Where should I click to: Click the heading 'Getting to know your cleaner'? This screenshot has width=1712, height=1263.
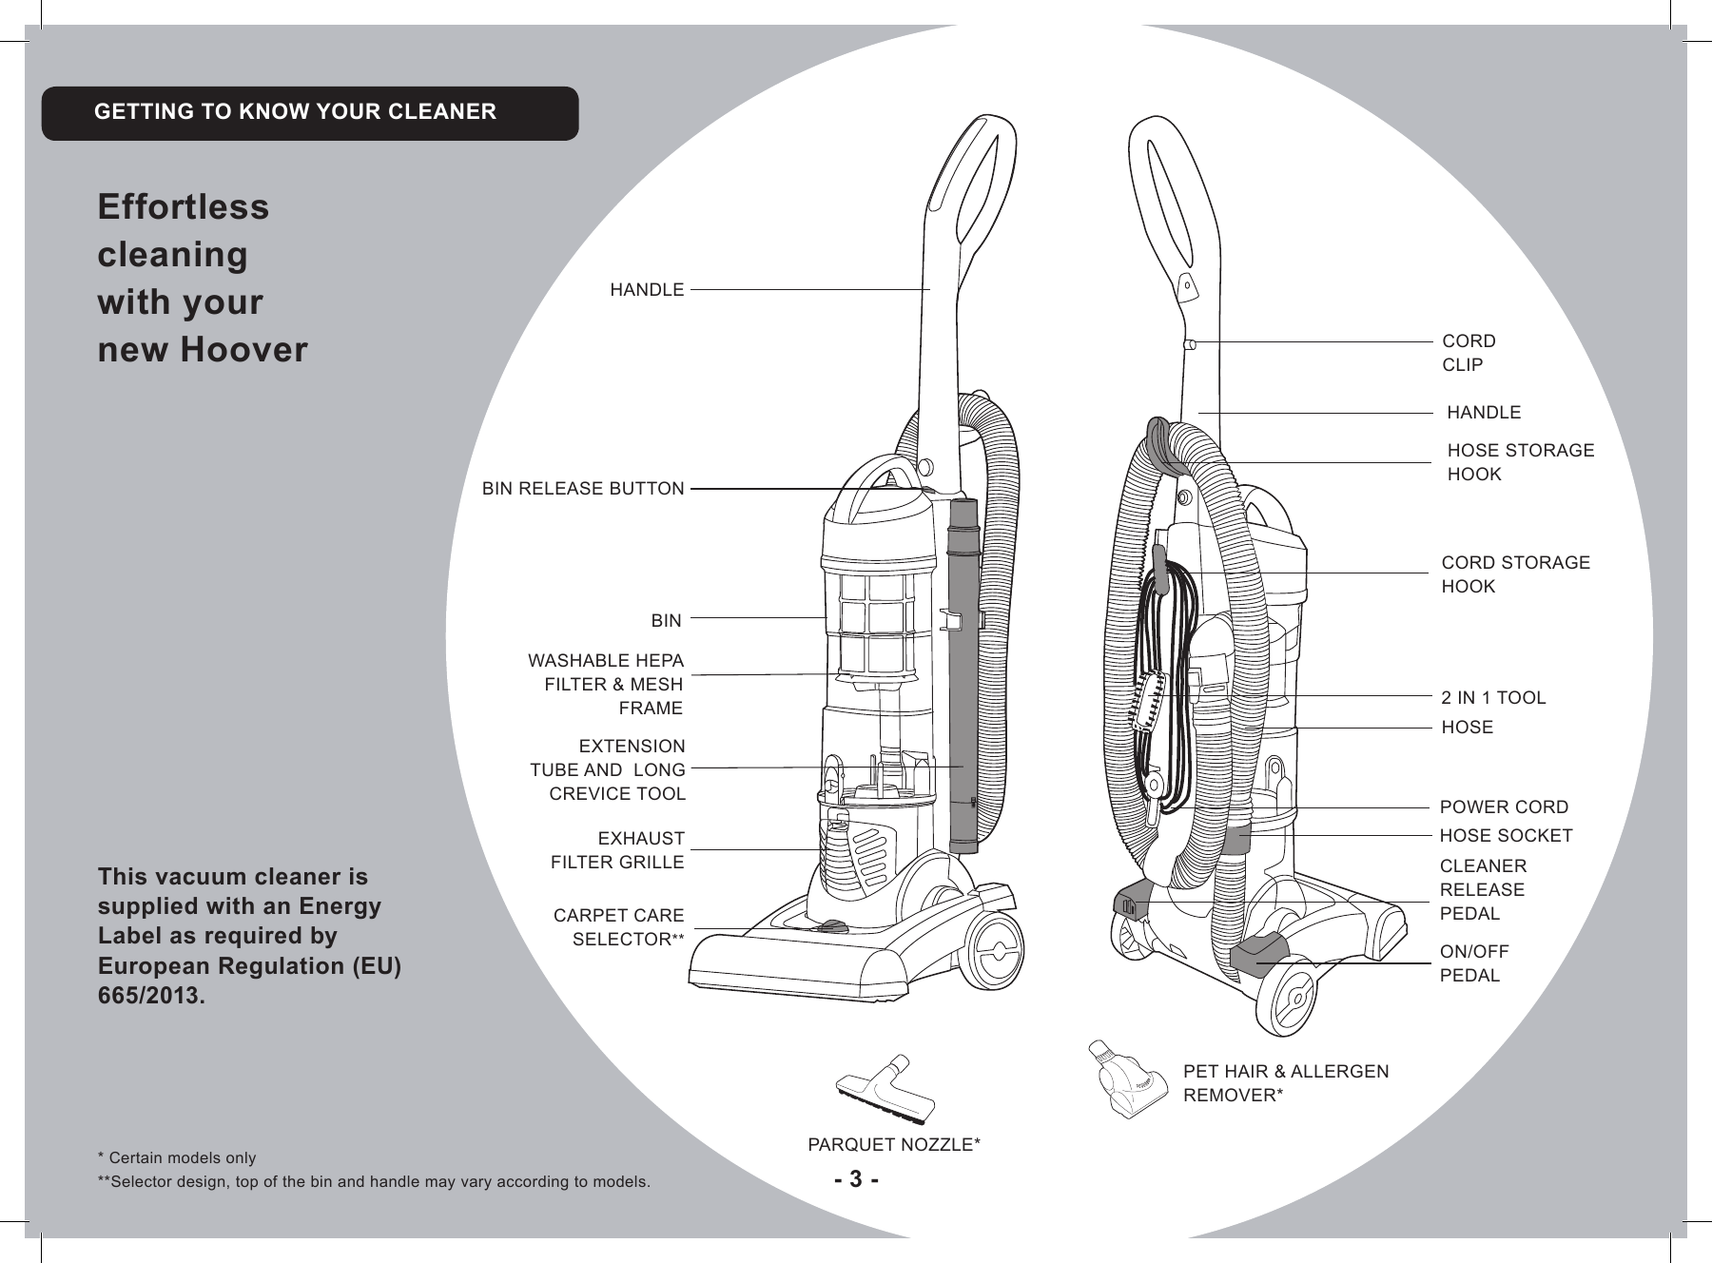pos(295,112)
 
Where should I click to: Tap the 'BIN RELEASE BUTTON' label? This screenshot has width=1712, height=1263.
pos(582,489)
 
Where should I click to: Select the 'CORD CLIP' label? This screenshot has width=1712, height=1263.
pos(1469,353)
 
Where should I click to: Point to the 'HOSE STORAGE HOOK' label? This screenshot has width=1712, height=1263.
pos(1519,462)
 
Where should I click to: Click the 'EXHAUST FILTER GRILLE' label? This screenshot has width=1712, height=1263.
pos(618,850)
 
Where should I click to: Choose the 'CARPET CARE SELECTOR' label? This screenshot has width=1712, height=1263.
pos(619,927)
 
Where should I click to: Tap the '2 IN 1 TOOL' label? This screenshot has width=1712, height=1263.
pos(1493,698)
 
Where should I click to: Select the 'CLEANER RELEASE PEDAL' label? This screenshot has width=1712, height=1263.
pos(1483,890)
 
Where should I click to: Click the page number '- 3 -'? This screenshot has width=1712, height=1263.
pos(856,1180)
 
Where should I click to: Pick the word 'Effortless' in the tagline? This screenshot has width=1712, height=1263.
pos(184,207)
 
